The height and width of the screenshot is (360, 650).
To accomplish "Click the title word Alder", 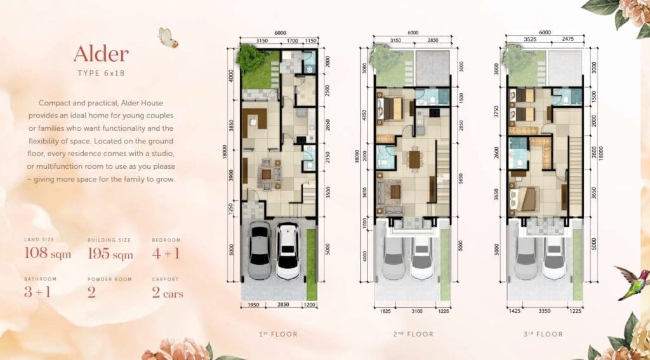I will [101, 55].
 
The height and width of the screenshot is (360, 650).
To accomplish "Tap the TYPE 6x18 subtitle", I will [101, 73].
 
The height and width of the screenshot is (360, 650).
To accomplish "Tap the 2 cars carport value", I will [168, 293].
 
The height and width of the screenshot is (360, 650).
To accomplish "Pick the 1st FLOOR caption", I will [279, 334].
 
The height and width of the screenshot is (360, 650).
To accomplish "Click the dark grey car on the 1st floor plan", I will [260, 251].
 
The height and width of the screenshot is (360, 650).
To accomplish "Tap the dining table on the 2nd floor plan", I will [415, 158].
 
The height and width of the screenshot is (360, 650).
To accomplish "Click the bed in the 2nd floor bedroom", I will [390, 107].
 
